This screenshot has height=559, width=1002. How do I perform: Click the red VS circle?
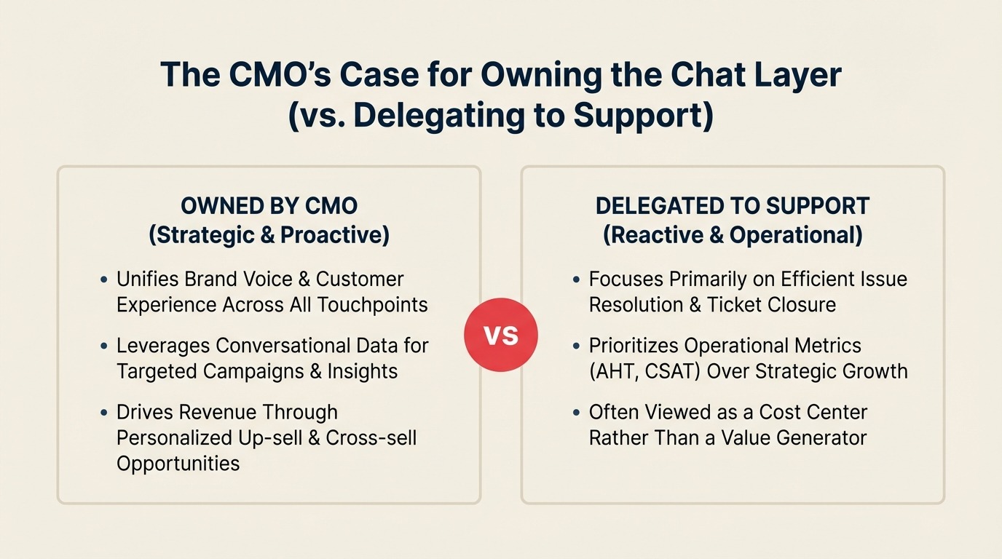pos(501,335)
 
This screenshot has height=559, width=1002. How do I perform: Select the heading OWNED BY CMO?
pos(269,206)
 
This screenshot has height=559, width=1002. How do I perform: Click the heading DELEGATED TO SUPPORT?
pos(733,206)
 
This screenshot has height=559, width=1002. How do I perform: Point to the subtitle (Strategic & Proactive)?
pos(269,235)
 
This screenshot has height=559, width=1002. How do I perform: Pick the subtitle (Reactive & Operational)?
pos(733,235)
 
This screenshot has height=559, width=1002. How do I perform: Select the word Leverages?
pos(164,346)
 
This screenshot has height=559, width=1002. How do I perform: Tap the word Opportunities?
pos(178,463)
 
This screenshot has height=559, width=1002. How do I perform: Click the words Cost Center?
pos(813,412)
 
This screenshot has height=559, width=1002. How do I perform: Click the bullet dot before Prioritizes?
pos(576,346)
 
